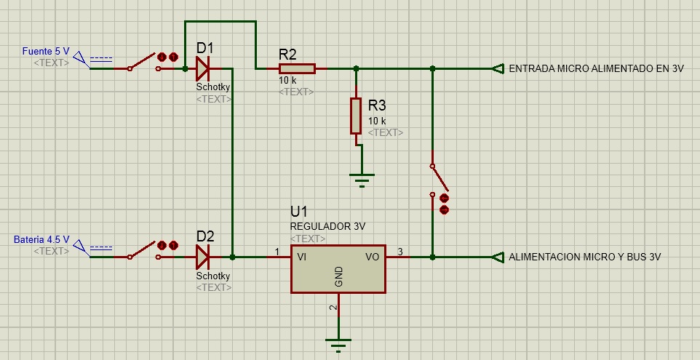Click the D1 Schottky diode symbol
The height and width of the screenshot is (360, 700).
point(203,68)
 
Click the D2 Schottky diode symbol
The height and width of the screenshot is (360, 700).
point(203,257)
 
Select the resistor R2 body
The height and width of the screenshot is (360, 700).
point(297,68)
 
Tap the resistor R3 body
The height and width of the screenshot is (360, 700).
point(356,116)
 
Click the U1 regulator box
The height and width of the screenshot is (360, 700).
point(338,269)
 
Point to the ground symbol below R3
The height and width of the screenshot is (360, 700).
point(362,180)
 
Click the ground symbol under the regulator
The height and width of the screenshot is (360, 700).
point(338,345)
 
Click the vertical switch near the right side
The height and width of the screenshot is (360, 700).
point(439,180)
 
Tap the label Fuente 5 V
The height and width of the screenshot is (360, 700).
point(46,52)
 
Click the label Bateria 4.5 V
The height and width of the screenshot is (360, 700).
point(41,239)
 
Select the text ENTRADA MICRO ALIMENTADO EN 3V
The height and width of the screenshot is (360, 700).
point(597,68)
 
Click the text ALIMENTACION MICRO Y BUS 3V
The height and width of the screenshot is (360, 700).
point(585,257)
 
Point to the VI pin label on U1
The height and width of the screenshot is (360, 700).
point(301,257)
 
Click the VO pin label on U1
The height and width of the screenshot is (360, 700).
point(373,257)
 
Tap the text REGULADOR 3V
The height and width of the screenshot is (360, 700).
point(327,227)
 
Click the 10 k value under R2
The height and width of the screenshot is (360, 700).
point(287,81)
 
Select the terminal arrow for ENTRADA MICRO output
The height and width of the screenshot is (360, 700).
point(498,68)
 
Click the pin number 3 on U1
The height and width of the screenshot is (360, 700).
point(400,252)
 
